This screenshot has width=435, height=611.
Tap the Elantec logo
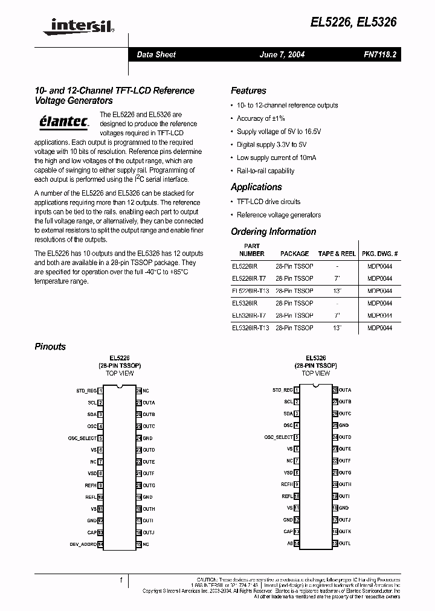[x=60, y=121]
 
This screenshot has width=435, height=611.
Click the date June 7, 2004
[x=282, y=54]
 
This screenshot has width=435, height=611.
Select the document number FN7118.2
[x=379, y=54]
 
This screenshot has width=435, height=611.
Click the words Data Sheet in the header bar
[x=156, y=54]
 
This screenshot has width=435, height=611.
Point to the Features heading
[x=248, y=91]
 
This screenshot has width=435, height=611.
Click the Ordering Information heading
[x=273, y=232]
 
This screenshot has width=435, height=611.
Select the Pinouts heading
[x=50, y=347]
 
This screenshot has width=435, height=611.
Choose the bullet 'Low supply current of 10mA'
[x=276, y=158]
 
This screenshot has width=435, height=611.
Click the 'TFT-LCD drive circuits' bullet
[x=268, y=202]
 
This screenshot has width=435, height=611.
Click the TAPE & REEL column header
[x=337, y=254]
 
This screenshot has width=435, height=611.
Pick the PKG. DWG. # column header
[x=380, y=254]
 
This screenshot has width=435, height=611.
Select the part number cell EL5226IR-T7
[x=248, y=278]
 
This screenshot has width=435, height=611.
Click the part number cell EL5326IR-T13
[x=250, y=328]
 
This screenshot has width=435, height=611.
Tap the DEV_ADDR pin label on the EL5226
[x=83, y=544]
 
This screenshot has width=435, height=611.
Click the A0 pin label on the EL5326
[x=289, y=543]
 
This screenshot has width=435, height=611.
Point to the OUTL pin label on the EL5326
[x=344, y=543]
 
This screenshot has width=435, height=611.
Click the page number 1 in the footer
[x=121, y=580]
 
